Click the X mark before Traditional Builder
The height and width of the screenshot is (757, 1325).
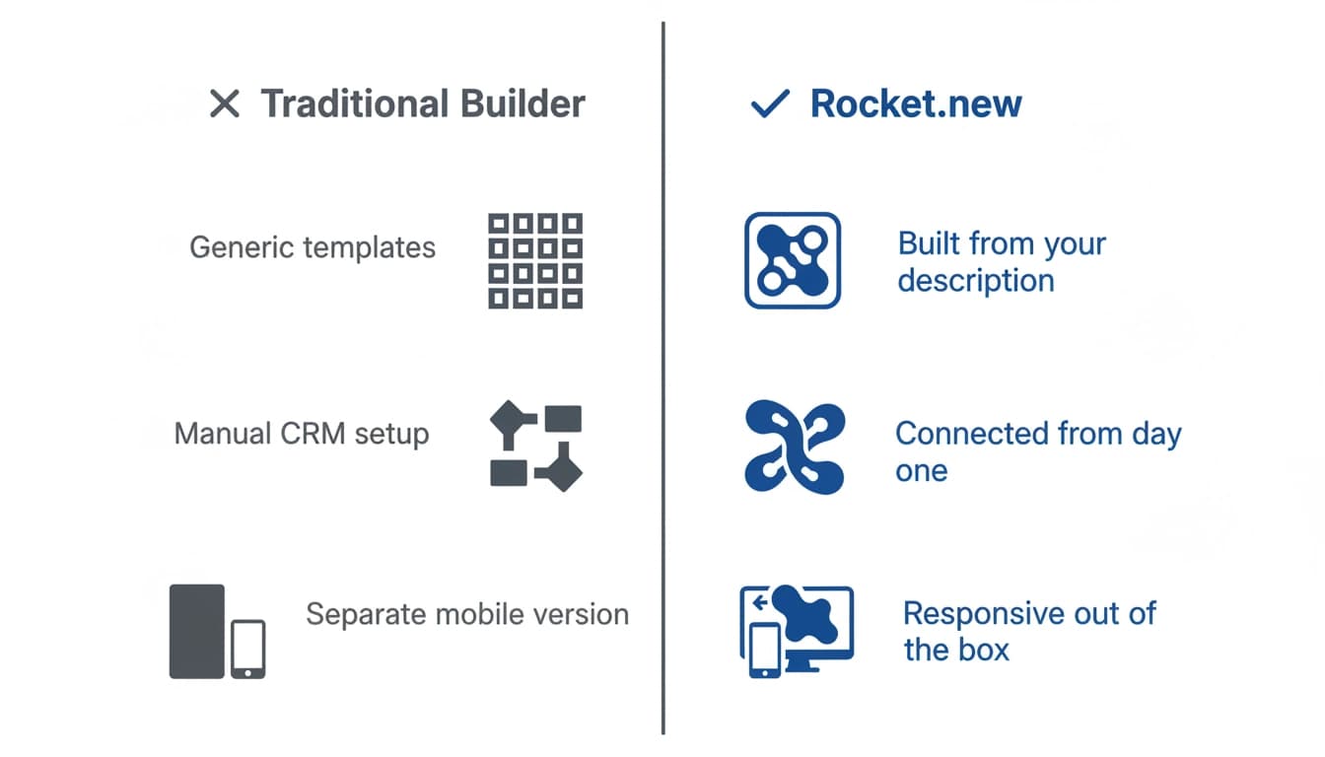pos(224,103)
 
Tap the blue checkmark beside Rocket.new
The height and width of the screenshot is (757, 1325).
pos(770,104)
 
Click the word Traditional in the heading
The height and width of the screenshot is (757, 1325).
pos(355,104)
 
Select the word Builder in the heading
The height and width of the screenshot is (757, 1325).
pos(523,104)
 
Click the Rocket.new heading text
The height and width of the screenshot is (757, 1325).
pos(916,104)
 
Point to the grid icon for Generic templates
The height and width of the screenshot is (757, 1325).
pos(535,261)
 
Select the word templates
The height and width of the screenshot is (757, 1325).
pos(370,248)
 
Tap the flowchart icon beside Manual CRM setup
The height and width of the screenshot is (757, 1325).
pos(536,446)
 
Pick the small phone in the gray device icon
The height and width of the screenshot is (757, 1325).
pos(247,649)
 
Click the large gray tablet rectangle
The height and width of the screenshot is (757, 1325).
pos(197,631)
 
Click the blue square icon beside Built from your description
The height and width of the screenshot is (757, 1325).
pos(793,260)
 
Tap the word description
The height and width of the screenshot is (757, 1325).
pos(976,281)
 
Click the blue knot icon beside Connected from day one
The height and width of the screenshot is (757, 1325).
pos(795,447)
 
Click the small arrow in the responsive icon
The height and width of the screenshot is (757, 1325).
pos(759,602)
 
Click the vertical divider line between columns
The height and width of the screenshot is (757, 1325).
pos(663,378)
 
